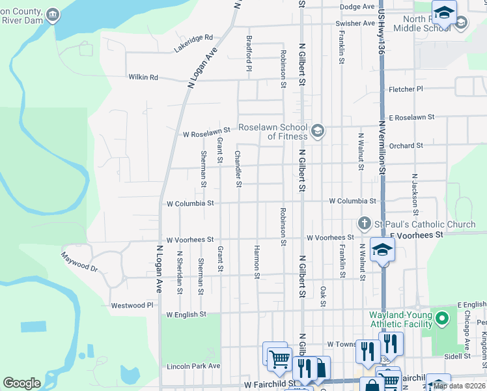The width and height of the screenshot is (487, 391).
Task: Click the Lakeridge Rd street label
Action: [x=193, y=44]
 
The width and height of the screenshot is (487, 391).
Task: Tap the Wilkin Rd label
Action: [x=143, y=77]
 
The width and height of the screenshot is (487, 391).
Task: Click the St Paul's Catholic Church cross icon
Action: [x=365, y=224]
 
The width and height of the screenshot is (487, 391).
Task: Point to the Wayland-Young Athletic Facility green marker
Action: [x=443, y=319]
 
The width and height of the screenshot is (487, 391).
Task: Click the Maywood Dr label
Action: [x=79, y=262]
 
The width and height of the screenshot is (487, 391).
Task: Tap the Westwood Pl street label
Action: [x=132, y=305]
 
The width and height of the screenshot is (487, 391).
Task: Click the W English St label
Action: [x=186, y=314]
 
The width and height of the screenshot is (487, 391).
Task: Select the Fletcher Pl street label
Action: [x=406, y=89]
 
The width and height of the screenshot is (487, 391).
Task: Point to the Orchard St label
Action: [x=408, y=145]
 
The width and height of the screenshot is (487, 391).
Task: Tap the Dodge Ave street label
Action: [x=357, y=7]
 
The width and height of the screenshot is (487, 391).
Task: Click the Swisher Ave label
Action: [x=355, y=23]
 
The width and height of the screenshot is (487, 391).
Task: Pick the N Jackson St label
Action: [x=414, y=194]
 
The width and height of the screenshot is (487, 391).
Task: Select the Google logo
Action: [x=21, y=383]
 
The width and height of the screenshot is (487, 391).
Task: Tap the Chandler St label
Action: [x=238, y=168]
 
